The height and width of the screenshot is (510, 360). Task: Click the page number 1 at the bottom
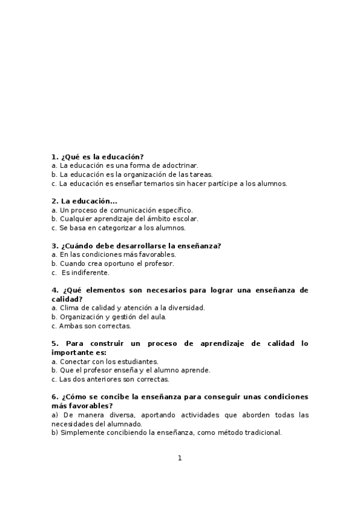coord(180,458)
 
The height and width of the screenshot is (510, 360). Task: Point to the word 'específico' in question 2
coord(175,210)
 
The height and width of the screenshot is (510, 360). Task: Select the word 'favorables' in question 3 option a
coord(157,254)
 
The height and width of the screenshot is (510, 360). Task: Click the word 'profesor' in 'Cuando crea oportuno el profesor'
coord(160,263)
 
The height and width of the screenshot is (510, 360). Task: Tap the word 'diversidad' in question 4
coord(187,308)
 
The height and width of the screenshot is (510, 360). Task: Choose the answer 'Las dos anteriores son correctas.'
coord(114,379)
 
